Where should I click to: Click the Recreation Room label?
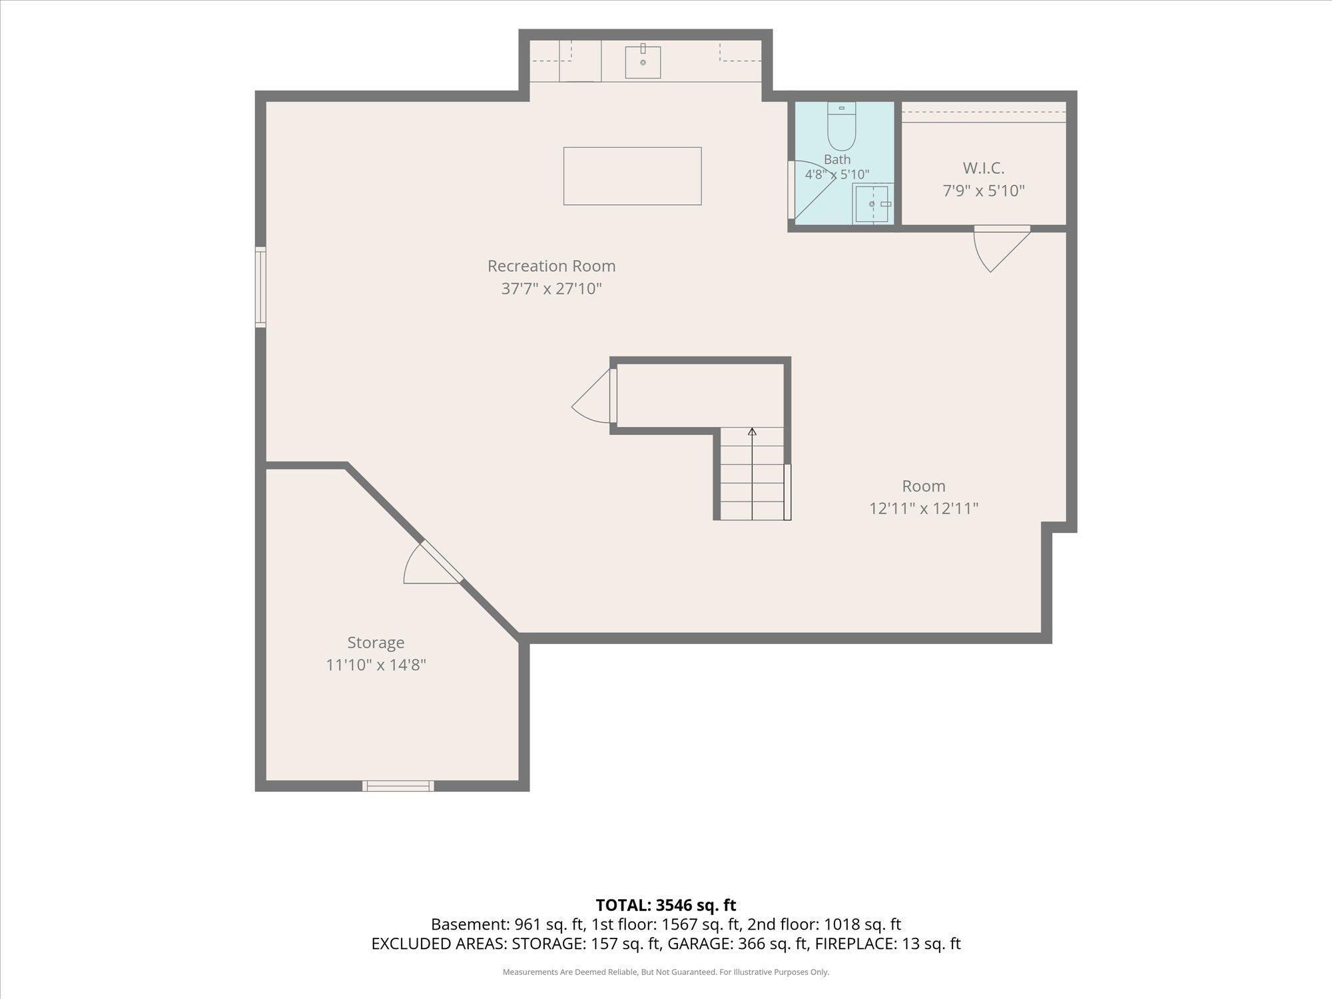click(x=551, y=266)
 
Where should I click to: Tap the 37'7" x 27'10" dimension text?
click(x=551, y=288)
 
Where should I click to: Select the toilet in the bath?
click(x=842, y=127)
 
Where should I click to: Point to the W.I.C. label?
click(x=984, y=168)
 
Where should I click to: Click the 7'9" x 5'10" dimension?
click(x=984, y=190)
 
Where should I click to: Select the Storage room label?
click(x=376, y=643)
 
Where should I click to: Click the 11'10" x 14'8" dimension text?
click(x=376, y=665)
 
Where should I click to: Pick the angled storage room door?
click(x=433, y=563)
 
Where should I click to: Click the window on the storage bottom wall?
click(x=398, y=786)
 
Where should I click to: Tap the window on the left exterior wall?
click(x=260, y=287)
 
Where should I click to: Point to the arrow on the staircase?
click(x=753, y=474)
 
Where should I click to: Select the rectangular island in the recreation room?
click(x=633, y=176)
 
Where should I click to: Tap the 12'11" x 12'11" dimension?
click(x=924, y=508)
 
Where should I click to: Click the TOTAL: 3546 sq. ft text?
click(x=666, y=905)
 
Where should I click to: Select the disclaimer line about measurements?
click(x=666, y=972)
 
